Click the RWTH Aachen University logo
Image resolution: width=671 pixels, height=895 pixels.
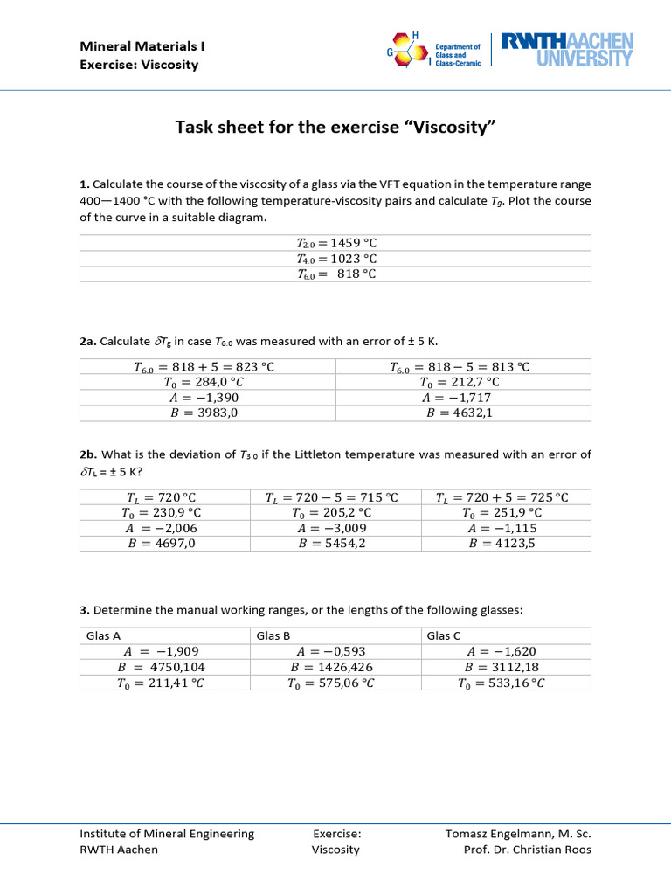coord(565,50)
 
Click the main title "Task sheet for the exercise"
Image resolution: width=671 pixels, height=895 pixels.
coord(335,129)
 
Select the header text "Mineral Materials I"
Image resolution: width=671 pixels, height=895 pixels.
coord(142,45)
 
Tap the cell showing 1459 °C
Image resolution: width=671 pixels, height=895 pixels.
coord(335,242)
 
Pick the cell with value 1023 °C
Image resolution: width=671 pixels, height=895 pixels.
coord(335,258)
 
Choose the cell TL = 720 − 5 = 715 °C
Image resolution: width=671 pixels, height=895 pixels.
coord(335,496)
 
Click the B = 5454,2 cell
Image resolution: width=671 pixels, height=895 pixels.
coord(335,543)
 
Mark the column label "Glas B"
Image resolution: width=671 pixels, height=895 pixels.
coord(275,635)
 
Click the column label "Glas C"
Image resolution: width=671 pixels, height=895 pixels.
coord(444,635)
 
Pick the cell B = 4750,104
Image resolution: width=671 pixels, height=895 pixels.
coord(164,667)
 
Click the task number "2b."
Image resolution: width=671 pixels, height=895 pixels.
coord(89,454)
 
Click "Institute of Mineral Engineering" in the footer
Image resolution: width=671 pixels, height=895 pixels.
coord(167,834)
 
